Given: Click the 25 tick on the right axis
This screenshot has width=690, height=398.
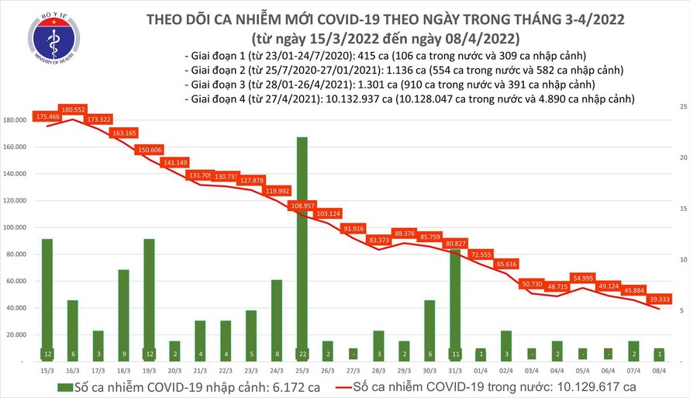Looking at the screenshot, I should [681, 106].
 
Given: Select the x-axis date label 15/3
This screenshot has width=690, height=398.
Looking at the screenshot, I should [47, 369].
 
